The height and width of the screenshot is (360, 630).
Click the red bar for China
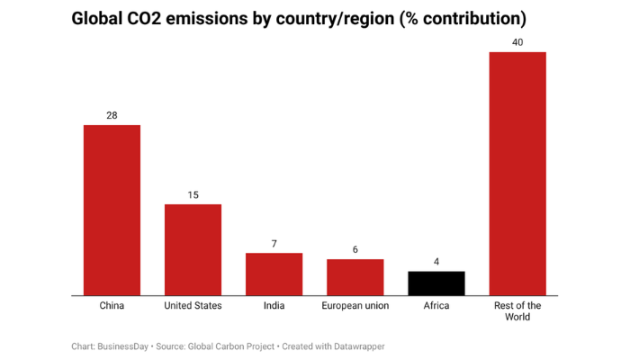point(112,210)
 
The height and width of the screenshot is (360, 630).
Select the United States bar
point(193,249)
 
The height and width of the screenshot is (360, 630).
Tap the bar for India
point(274,274)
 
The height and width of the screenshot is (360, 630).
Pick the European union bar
point(355,276)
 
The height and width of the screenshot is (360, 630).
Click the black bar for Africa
point(436,283)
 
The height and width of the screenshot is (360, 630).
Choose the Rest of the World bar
point(517,173)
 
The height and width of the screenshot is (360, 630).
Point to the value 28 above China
point(112,115)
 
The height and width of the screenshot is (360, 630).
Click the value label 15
point(193,194)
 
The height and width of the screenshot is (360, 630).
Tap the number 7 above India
point(274,244)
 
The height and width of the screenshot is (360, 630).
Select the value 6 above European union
point(355,249)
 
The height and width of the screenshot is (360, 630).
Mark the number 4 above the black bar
point(436,262)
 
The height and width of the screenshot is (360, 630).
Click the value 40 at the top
point(517,42)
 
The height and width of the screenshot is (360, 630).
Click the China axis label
point(112,306)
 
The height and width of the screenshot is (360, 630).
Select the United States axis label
point(193,306)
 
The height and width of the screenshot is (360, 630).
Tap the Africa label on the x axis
point(436,306)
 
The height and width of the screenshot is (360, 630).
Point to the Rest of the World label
point(517,311)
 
